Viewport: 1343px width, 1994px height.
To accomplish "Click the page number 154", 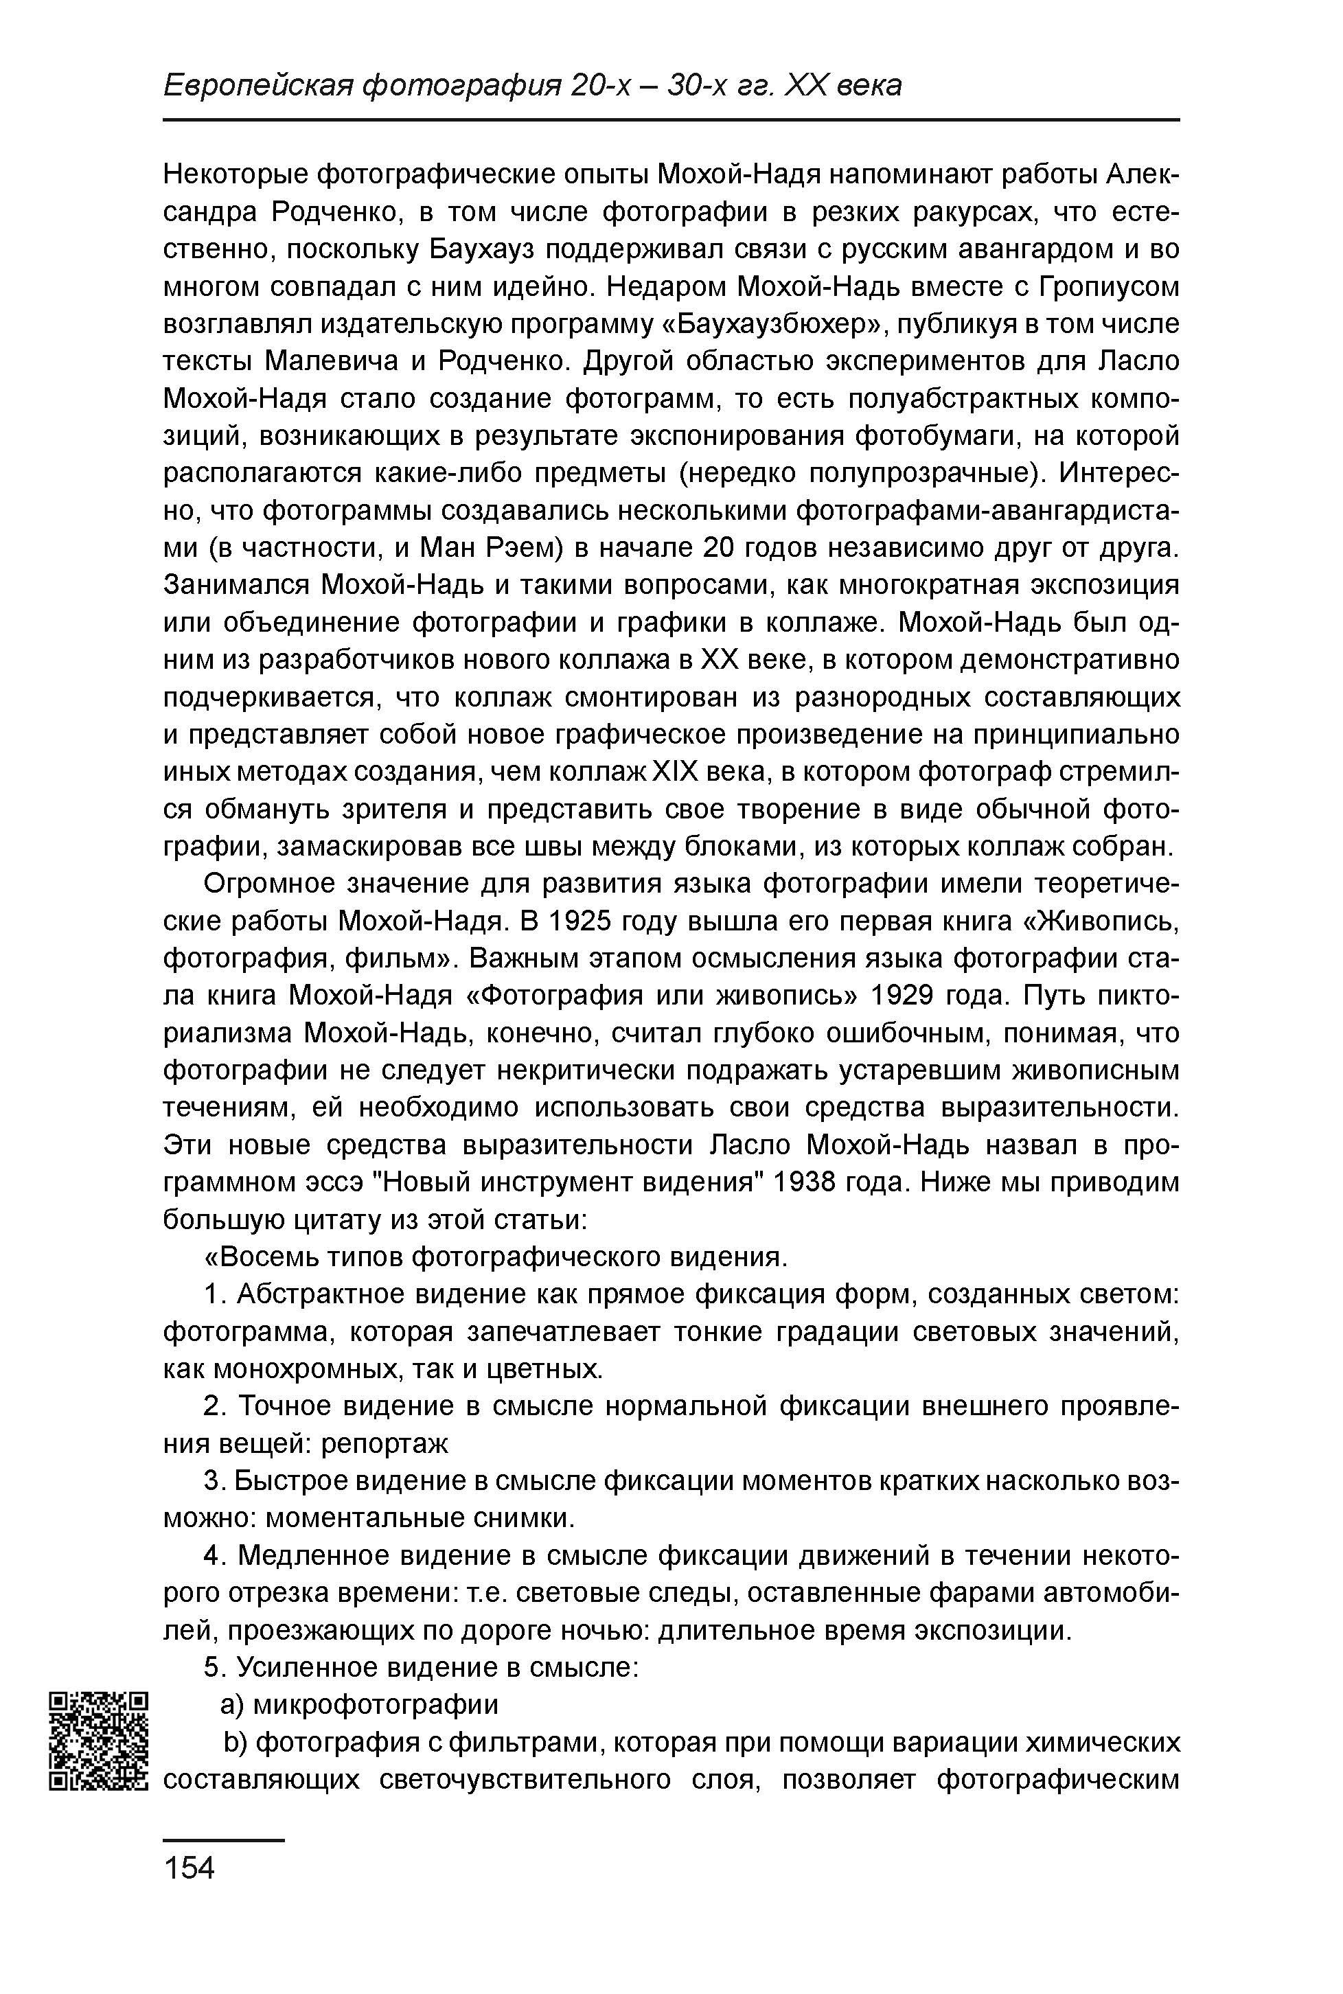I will click(190, 1866).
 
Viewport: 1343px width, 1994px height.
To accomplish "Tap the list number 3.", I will click(214, 1481).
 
